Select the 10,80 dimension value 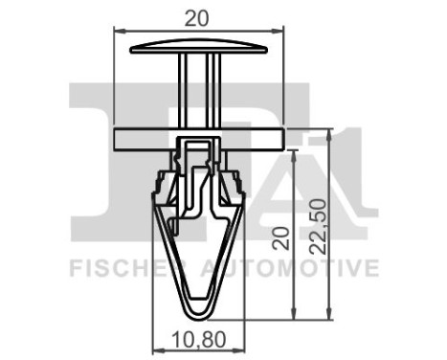199,338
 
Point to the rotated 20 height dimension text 279,237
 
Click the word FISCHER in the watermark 116,268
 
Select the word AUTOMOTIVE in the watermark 287,268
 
